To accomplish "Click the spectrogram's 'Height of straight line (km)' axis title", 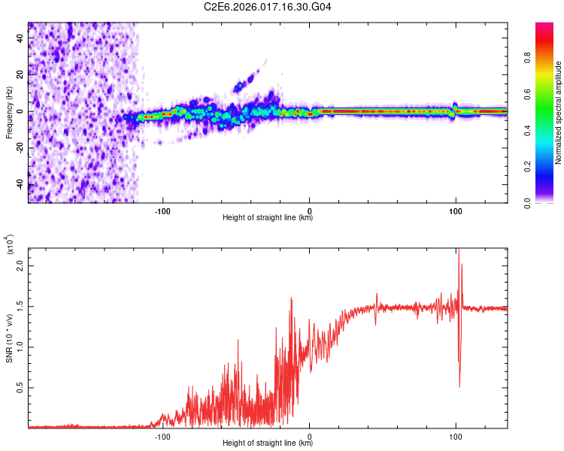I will [x=268, y=218].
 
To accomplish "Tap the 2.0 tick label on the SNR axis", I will [x=21, y=265].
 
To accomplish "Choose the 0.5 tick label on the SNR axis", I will [x=21, y=387].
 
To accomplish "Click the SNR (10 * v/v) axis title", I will [x=9, y=336].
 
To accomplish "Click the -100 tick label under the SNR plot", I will [x=163, y=435].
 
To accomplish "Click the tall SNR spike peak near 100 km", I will [x=458, y=251].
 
